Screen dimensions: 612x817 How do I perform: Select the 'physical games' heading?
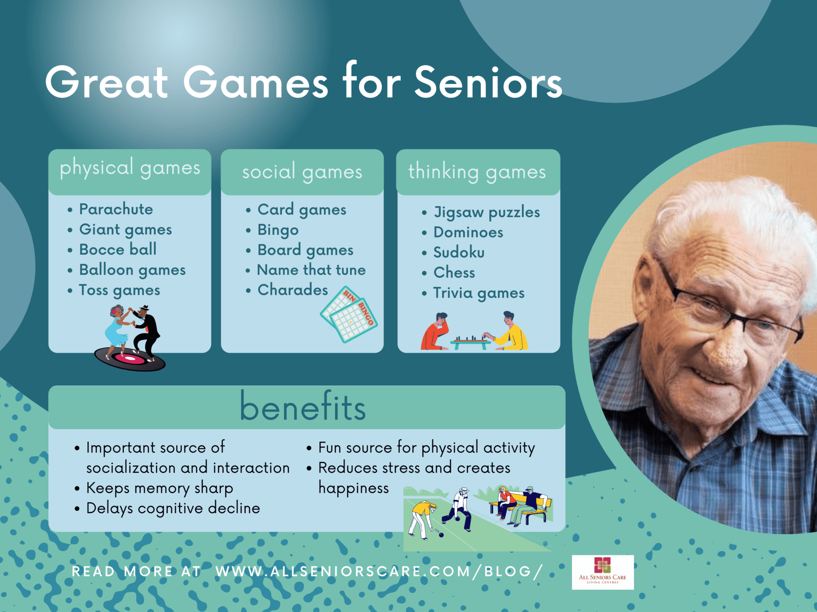[x=130, y=168]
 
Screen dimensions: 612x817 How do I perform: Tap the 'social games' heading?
[x=302, y=172]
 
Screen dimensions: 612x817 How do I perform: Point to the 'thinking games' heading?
[x=477, y=172]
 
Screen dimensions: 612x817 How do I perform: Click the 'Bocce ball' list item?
[x=118, y=249]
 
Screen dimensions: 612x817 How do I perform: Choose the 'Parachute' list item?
[x=116, y=209]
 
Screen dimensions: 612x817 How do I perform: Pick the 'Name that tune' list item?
[x=311, y=270]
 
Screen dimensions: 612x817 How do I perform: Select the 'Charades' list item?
[x=293, y=290]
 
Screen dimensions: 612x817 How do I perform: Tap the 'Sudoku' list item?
[x=459, y=252]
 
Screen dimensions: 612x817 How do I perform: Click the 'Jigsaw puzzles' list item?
[x=486, y=212]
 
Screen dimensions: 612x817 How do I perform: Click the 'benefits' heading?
[x=303, y=407]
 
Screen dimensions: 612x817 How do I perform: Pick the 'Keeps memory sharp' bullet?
[x=160, y=488]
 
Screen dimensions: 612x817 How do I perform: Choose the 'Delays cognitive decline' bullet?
[x=173, y=508]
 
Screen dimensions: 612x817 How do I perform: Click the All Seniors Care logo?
[x=603, y=572]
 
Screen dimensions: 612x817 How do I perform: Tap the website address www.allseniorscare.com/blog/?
[x=379, y=572]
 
